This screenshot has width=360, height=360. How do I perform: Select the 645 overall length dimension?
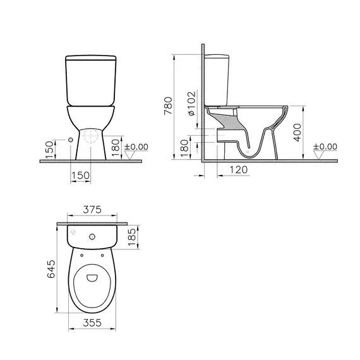52,270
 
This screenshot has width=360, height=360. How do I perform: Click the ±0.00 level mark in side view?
327,147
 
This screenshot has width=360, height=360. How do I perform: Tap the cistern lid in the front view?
92,60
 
